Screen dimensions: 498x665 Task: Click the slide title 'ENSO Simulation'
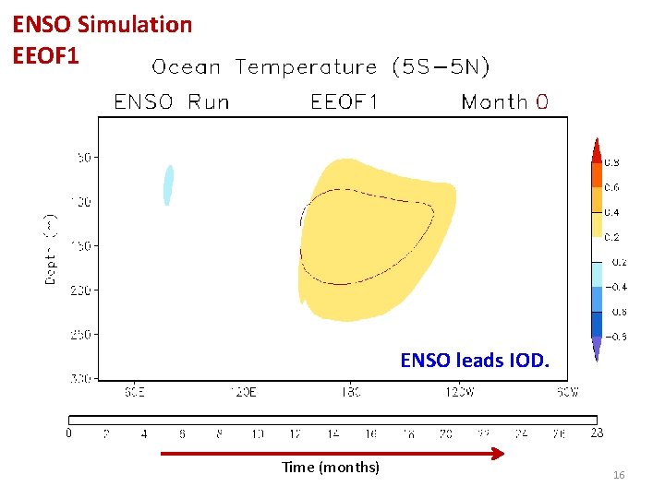pyautogui.click(x=102, y=25)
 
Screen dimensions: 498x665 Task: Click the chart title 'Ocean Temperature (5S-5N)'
pyautogui.click(x=320, y=67)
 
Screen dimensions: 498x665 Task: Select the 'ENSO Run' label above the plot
pyautogui.click(x=171, y=101)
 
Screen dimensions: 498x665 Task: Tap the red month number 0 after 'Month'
pyautogui.click(x=541, y=101)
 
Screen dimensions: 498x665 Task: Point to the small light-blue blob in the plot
pyautogui.click(x=168, y=184)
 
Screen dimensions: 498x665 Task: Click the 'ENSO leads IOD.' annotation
pyautogui.click(x=474, y=361)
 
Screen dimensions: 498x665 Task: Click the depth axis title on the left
pyautogui.click(x=52, y=249)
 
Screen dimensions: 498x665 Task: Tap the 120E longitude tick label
pyautogui.click(x=242, y=392)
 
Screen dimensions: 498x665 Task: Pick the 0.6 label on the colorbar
pyautogui.click(x=611, y=187)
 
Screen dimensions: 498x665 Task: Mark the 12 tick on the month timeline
pyautogui.click(x=296, y=433)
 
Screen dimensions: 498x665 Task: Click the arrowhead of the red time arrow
pyautogui.click(x=499, y=453)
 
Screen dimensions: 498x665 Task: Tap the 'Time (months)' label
pyautogui.click(x=331, y=468)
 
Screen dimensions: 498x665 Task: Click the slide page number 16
pyautogui.click(x=619, y=475)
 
